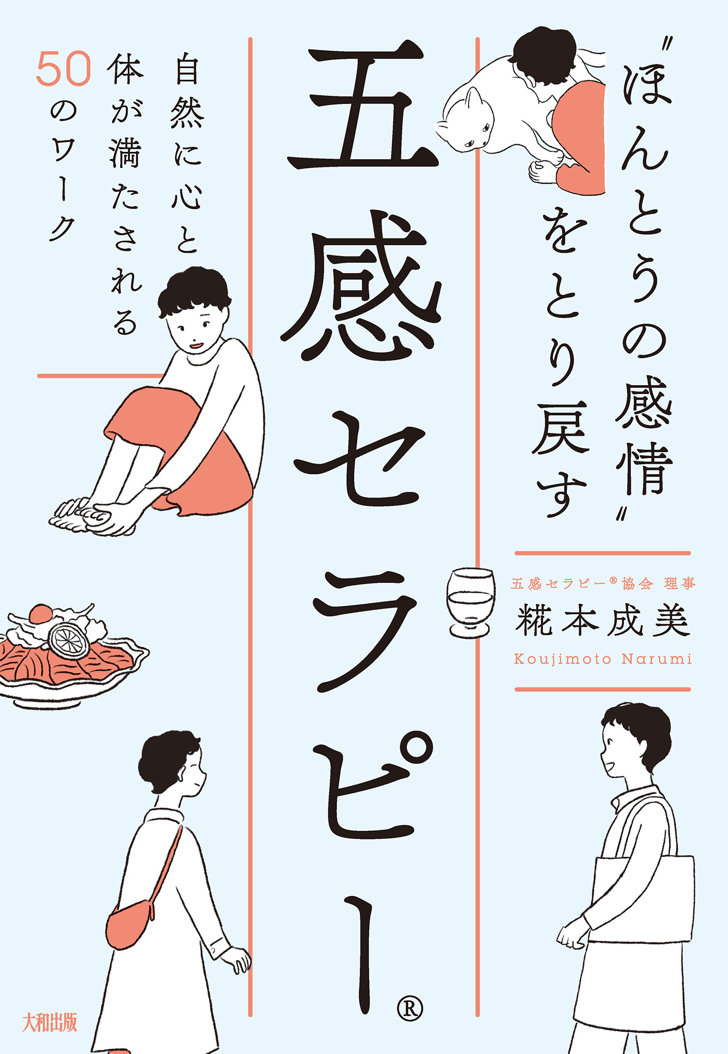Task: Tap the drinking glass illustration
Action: (471, 602)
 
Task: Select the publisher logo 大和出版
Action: (50, 1022)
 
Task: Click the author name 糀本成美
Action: (603, 620)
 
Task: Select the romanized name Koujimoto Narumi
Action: (603, 659)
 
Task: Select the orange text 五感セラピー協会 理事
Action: (603, 584)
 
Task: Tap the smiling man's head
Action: (632, 744)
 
